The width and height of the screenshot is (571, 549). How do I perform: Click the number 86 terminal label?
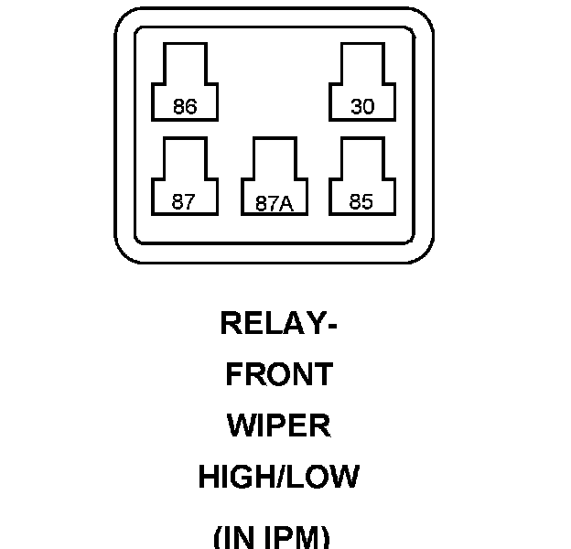pyautogui.click(x=185, y=107)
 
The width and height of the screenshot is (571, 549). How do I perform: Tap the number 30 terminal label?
pyautogui.click(x=362, y=107)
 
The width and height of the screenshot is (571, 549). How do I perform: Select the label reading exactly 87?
pyautogui.click(x=184, y=202)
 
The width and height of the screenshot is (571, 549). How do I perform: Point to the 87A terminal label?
pyautogui.click(x=274, y=204)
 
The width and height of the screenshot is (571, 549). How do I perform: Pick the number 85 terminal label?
pyautogui.click(x=361, y=202)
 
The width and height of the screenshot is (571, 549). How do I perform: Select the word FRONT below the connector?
pyautogui.click(x=279, y=375)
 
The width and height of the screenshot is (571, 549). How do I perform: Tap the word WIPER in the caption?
pyautogui.click(x=279, y=426)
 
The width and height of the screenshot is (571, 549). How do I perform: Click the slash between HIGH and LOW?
pyautogui.click(x=280, y=478)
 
